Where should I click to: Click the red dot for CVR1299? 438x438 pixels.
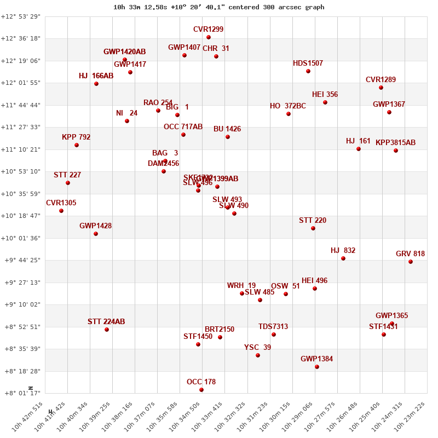[x=209, y=37]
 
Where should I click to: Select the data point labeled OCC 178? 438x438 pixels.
[x=201, y=390]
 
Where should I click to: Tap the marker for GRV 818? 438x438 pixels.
[x=411, y=262]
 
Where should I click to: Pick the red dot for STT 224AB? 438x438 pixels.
[x=107, y=330]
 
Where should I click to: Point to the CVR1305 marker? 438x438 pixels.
[x=61, y=211]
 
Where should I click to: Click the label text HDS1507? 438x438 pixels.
[x=308, y=63]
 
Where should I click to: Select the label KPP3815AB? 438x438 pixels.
[x=395, y=142]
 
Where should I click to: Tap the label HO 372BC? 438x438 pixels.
[x=288, y=106]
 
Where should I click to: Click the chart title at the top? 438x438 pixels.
[x=219, y=7]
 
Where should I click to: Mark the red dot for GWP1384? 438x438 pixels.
[x=317, y=367]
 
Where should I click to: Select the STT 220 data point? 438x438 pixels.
[x=313, y=228]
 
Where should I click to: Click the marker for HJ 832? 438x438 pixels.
[x=343, y=258]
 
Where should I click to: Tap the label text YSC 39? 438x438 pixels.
[x=257, y=347]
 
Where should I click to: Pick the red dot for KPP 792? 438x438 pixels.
[x=77, y=145]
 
